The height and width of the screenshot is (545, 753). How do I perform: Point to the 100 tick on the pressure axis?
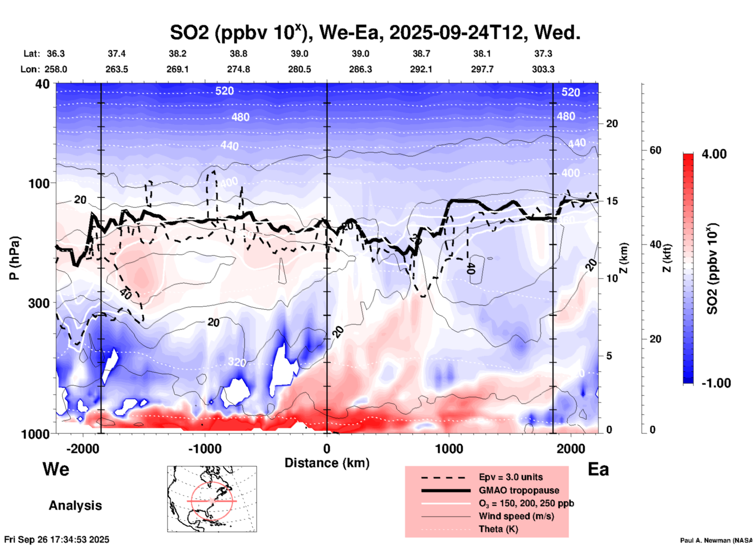pos(41,183)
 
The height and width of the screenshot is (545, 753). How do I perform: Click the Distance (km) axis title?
pos(327,463)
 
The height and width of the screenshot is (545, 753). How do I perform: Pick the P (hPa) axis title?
pos(15,258)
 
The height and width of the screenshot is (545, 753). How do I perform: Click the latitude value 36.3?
pos(56,54)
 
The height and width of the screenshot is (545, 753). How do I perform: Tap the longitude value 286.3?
pos(360,69)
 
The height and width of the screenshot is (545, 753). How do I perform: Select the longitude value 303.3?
pos(543,69)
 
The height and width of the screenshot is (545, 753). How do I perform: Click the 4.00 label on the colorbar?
pos(714,154)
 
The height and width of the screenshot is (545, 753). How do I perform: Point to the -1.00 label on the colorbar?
pos(716,383)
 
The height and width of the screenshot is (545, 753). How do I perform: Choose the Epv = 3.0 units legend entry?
pos(510,477)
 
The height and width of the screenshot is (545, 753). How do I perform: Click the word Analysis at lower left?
pos(75,505)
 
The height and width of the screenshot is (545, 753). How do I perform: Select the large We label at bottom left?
pos(56,469)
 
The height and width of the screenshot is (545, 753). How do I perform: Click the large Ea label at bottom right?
pos(598,469)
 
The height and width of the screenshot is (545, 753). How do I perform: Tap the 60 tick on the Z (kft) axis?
pos(655,150)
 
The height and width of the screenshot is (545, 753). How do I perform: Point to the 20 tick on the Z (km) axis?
pos(612,124)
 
